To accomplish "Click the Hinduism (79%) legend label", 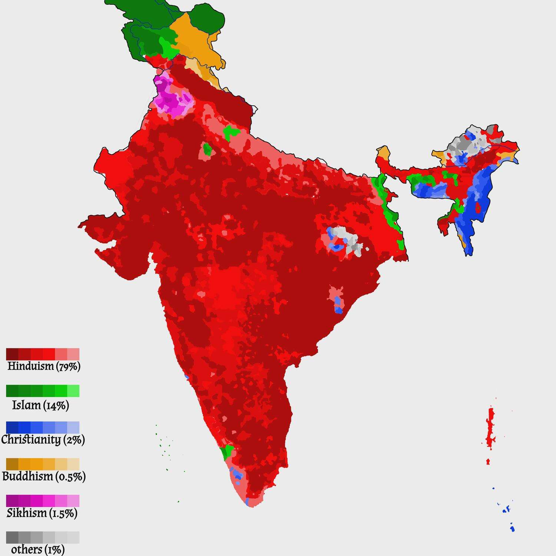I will tap(44, 366).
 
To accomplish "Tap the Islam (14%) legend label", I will tap(40, 405).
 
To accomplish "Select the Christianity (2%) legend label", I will tap(43, 440).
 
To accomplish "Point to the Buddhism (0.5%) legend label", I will tap(44, 476).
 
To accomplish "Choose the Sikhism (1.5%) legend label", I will tap(42, 513).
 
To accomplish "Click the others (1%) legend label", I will tap(38, 549).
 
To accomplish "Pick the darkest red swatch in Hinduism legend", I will tap(12, 354).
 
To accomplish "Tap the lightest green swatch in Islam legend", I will tap(73, 391).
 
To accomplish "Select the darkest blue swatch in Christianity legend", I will tap(12, 427).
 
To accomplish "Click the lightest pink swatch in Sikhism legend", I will tap(73, 501).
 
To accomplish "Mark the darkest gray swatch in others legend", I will tap(12, 537).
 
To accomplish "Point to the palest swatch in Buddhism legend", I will tap(73, 464).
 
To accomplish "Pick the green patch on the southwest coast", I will tap(226, 452).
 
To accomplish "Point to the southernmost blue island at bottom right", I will tap(512, 528).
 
